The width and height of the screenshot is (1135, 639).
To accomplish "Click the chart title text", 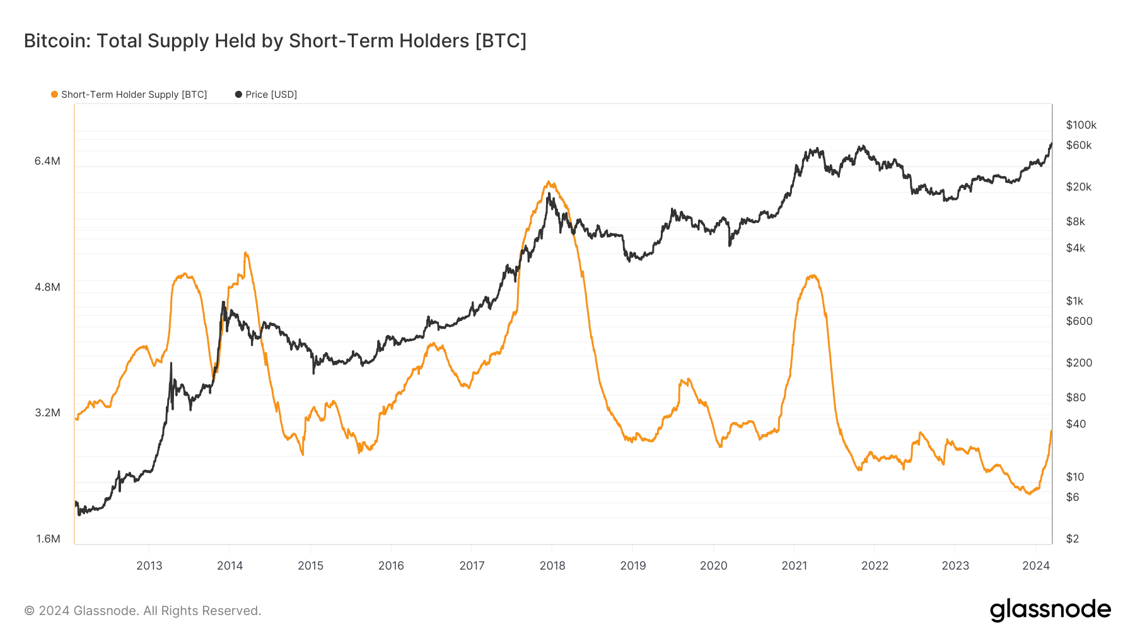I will (275, 41).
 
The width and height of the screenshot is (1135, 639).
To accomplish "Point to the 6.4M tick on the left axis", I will (47, 161).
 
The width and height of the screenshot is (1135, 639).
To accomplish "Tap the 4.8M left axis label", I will (47, 287).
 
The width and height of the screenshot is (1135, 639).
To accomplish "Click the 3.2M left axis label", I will (47, 413).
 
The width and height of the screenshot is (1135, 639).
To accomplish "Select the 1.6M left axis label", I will (48, 539).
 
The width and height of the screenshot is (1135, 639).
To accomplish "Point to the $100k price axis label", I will (1081, 125).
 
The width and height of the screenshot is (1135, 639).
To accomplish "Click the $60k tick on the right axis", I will (1078, 145).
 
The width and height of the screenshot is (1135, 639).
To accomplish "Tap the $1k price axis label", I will (1074, 301).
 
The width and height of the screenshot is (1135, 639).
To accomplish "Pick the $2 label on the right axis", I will (1072, 539).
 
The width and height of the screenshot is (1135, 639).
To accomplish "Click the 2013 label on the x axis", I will (149, 566).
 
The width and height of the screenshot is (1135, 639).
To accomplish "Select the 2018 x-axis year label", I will (552, 566).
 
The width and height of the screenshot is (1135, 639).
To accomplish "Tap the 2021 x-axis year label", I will (794, 566).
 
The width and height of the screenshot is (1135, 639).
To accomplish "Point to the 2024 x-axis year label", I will (1035, 566).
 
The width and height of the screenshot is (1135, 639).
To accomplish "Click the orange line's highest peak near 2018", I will (549, 182).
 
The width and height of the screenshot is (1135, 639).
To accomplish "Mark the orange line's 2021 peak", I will (813, 276).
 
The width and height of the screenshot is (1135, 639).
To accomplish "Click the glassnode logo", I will (1050, 610).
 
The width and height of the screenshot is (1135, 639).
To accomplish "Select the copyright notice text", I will (143, 611).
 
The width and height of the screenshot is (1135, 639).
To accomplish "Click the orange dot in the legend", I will (54, 95).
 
